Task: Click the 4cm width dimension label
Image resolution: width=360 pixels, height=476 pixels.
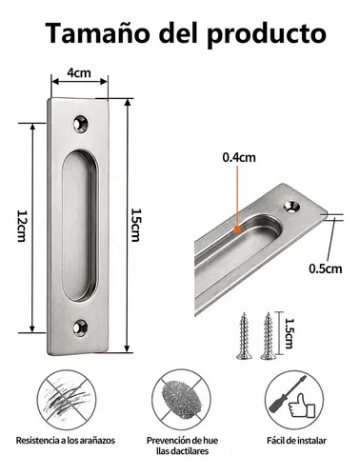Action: [x=79, y=73]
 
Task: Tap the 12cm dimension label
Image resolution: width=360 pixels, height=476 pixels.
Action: [x=21, y=226]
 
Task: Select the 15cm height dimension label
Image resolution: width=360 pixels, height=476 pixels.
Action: [x=136, y=225]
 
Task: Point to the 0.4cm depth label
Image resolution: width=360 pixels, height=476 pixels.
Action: [x=239, y=157]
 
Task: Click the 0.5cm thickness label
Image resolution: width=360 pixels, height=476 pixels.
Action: [x=326, y=268]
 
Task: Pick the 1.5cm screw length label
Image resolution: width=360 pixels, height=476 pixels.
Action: [x=289, y=334]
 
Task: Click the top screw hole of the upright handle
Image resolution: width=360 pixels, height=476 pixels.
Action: [x=81, y=124]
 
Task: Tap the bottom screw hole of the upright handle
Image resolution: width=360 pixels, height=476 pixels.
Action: [x=80, y=328]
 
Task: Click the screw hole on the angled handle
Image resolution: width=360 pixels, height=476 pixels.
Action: [x=291, y=207]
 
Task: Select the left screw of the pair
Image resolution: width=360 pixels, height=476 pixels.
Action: [x=244, y=336]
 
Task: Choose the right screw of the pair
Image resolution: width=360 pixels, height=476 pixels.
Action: [x=269, y=336]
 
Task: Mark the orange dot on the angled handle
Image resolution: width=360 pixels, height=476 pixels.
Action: [x=237, y=228]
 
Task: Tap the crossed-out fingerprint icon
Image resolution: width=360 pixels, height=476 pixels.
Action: [x=181, y=400]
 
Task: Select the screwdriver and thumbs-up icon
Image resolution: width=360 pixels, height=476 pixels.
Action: [x=294, y=400]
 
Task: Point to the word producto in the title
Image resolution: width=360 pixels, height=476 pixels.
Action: [x=267, y=35]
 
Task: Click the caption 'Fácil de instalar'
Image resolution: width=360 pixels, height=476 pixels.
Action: [x=296, y=441]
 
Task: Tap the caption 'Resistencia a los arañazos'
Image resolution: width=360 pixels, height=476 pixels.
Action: [x=66, y=441]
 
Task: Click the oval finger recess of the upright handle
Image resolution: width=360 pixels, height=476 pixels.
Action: [x=80, y=226]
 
